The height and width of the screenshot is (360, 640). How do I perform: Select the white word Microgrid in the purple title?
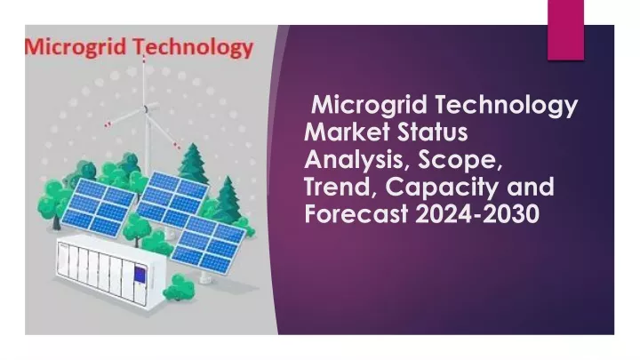(x=370, y=105)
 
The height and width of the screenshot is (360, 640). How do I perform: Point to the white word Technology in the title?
(x=506, y=105)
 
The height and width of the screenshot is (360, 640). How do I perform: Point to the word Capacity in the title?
(x=442, y=188)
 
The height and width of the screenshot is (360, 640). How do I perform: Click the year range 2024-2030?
(x=477, y=214)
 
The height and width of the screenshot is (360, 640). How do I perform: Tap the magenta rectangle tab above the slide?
(x=565, y=30)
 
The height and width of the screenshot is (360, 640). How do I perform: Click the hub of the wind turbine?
(x=145, y=109)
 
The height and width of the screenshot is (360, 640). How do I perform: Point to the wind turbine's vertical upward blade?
(x=144, y=81)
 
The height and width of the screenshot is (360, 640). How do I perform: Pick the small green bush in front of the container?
(x=179, y=287)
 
